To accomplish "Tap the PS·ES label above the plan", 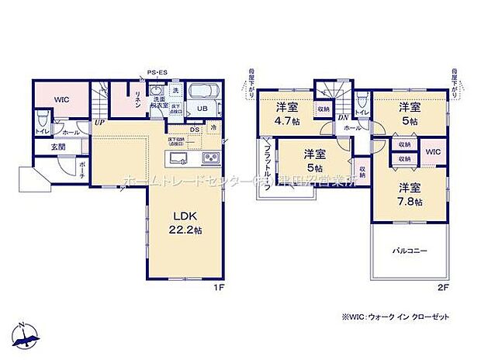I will (x=158, y=73).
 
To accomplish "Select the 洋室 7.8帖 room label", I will (x=410, y=193).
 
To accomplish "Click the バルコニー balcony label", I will (x=408, y=251).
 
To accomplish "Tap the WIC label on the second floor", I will (x=433, y=151).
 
